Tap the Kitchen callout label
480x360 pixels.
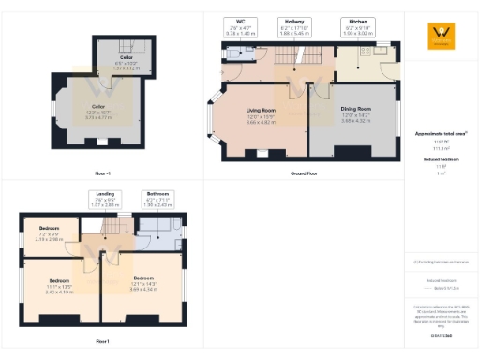click(358, 26)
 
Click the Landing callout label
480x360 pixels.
click(105, 199)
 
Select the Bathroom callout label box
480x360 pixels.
click(157, 199)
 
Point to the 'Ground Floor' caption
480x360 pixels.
click(304, 173)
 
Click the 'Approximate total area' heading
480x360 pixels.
click(441, 134)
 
